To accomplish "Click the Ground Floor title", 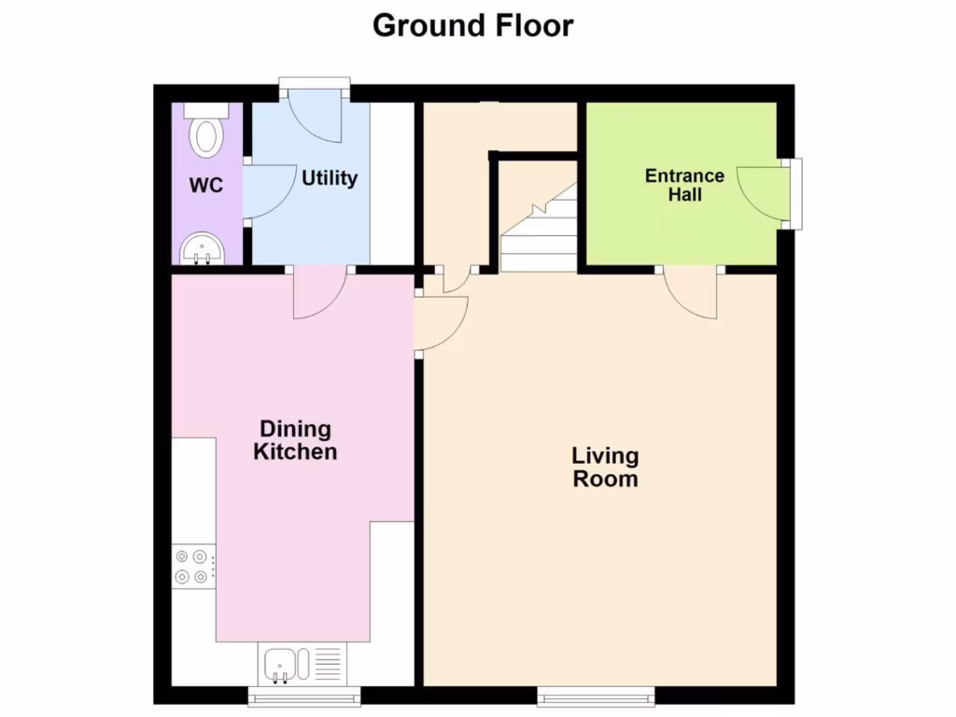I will (472, 25).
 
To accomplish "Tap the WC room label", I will (206, 185).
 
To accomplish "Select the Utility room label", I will (329, 177).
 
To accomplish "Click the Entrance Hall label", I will (684, 185).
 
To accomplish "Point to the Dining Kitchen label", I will (296, 441).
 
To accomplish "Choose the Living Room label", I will (605, 468).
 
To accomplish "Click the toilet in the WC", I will (204, 133).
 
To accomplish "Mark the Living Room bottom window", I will (597, 696).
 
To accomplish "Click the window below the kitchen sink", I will (304, 696).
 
